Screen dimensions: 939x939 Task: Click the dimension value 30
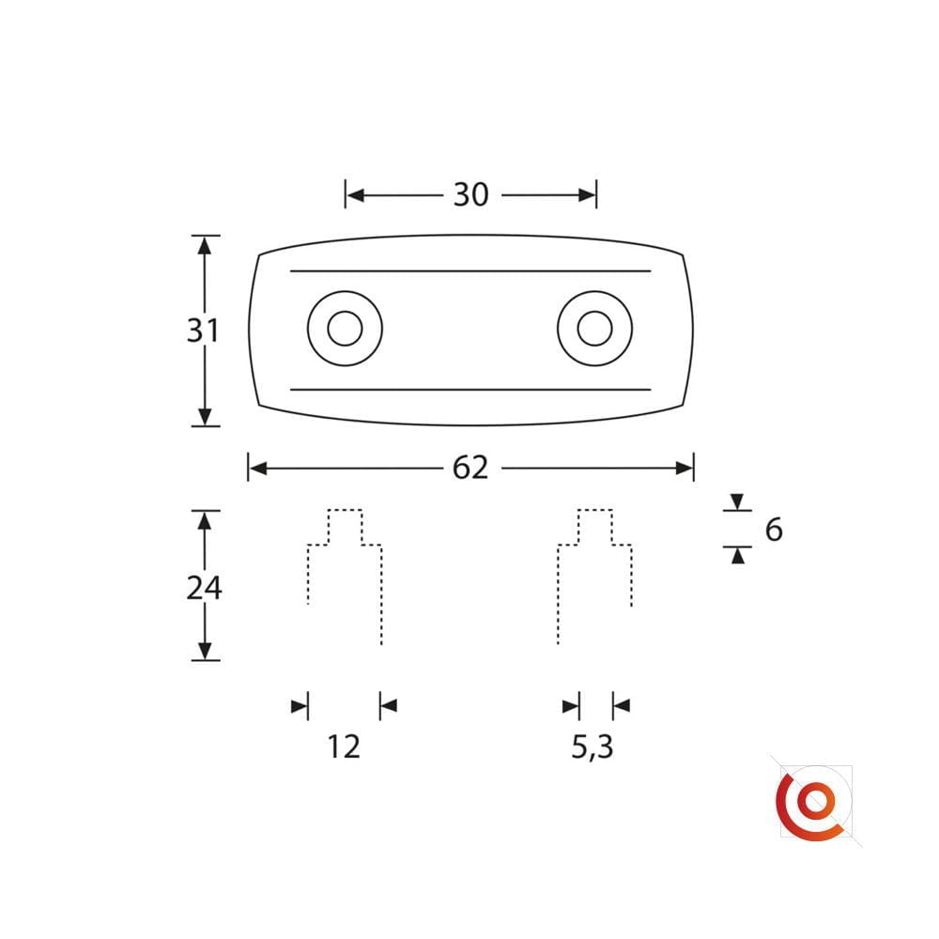point(470,194)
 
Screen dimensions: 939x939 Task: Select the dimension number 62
point(470,468)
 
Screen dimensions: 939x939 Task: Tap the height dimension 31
point(203,331)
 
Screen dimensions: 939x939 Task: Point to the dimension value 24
point(204,588)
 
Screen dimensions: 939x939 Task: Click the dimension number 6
point(774,530)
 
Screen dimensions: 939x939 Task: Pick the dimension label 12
point(344,747)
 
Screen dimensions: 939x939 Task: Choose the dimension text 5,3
point(593,747)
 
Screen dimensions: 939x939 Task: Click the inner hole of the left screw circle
point(345,328)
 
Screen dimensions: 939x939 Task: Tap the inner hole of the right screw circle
point(594,328)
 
